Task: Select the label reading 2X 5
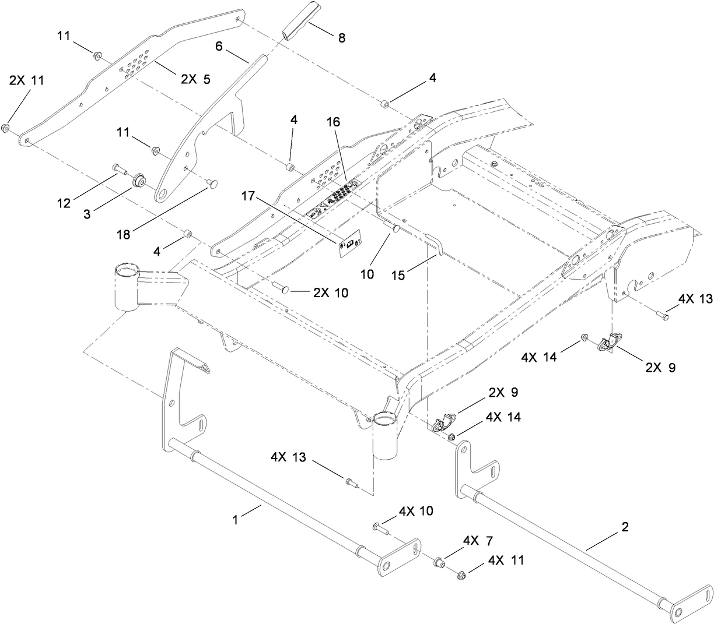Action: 195,80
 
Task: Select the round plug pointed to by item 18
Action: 213,184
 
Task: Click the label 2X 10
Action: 330,292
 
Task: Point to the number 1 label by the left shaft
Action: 236,520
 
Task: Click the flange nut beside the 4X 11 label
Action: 461,573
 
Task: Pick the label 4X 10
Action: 416,511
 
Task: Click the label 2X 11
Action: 26,81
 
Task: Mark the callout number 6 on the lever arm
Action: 219,47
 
